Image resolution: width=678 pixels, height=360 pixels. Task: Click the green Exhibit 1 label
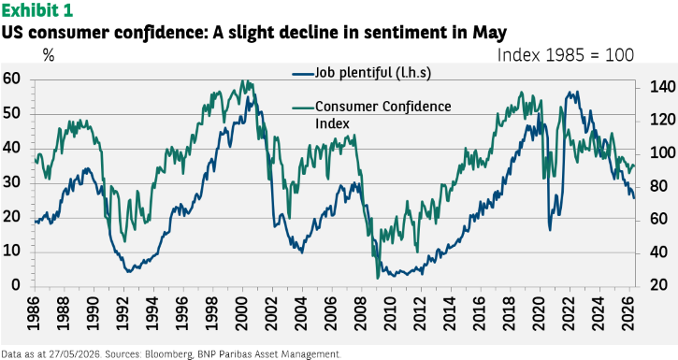(36, 10)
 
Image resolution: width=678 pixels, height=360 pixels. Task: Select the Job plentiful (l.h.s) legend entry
(362, 73)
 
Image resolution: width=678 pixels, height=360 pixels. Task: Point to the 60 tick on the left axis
(11, 79)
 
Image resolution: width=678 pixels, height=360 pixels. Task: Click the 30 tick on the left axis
(11, 182)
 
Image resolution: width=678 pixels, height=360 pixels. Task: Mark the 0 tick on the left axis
(16, 285)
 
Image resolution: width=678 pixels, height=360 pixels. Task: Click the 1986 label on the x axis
(34, 313)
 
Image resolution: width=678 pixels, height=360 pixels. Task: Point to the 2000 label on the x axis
(241, 313)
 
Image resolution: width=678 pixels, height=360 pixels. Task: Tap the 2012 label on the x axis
(419, 313)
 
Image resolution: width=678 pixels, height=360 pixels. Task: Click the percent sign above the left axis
(49, 55)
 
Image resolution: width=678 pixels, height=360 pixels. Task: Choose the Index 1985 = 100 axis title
(566, 55)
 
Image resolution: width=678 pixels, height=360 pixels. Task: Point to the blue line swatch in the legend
(303, 74)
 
